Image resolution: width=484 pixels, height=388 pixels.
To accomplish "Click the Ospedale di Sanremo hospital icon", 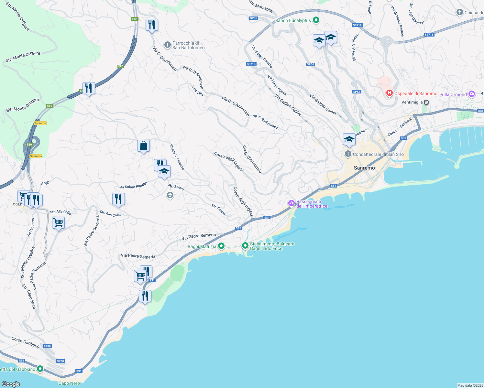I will point(390,93).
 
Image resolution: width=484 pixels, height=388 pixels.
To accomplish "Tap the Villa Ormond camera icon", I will point(472,94).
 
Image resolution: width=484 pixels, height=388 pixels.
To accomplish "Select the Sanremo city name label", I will point(364,168).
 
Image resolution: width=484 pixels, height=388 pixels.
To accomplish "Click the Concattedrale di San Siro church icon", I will point(348,154).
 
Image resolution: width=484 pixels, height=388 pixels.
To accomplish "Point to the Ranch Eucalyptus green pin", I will point(316,20).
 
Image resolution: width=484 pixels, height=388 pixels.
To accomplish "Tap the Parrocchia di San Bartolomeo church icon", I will point(167,45).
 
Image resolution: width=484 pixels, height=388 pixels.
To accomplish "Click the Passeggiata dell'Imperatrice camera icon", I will point(291,203).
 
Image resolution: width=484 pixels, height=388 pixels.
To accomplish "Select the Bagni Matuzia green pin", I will point(221,246).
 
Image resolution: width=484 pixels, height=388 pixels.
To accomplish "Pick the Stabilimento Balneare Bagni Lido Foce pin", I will point(245,246).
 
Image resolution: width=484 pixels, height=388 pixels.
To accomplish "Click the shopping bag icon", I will point(143,146).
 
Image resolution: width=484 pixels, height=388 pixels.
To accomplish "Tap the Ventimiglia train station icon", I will point(426,102).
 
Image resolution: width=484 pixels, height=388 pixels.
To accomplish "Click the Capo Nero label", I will point(69,383).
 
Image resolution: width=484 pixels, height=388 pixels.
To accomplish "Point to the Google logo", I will point(11,384).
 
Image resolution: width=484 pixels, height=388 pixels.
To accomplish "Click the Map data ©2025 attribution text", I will point(470,385).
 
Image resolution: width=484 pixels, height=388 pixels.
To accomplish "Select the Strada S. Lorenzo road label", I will point(177,157).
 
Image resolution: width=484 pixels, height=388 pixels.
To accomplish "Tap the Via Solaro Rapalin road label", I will point(133,185).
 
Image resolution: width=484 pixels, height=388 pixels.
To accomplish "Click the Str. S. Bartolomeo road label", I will point(265,122).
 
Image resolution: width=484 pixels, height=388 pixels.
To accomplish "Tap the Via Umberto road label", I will point(31,227).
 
